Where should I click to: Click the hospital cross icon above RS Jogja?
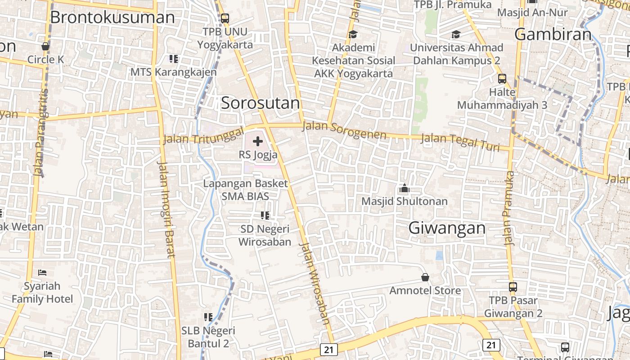(x=258, y=142)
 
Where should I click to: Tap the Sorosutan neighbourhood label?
(x=260, y=103)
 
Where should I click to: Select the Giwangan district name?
(x=447, y=228)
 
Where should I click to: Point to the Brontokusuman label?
(x=112, y=17)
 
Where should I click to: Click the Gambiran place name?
(x=553, y=34)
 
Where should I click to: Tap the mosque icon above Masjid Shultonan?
(x=404, y=188)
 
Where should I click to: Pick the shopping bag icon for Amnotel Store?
(x=425, y=277)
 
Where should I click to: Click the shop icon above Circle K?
(x=45, y=46)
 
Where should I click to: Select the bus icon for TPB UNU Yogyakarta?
(x=225, y=18)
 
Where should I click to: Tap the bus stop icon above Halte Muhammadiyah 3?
(x=502, y=79)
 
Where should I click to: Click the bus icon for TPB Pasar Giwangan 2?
(x=513, y=287)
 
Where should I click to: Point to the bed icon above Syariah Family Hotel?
(x=42, y=273)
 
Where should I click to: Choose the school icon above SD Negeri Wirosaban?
(x=265, y=216)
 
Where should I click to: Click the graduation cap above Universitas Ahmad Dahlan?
(x=456, y=34)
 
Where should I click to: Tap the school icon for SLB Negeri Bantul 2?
(x=208, y=317)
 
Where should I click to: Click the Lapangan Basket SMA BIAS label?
(x=245, y=190)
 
